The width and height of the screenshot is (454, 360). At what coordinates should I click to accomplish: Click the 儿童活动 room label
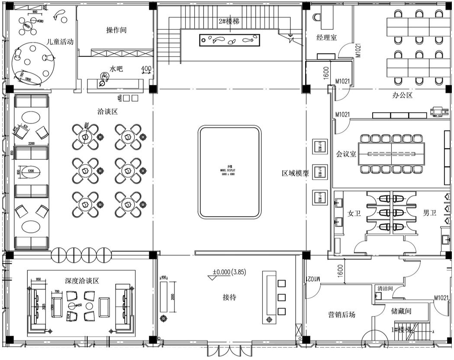point(60,42)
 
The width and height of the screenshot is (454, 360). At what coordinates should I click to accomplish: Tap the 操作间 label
point(116,30)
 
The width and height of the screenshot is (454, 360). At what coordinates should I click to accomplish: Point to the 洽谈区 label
point(108,111)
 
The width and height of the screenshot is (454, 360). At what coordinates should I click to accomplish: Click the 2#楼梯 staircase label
point(229,22)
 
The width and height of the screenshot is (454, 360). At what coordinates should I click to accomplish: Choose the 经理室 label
point(327,38)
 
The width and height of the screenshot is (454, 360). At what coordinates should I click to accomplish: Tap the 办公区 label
point(402,95)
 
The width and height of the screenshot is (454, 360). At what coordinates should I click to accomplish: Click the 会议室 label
point(346,153)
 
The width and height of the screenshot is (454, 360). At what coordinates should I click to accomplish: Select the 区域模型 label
point(296,174)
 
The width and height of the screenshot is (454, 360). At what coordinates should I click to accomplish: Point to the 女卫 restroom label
point(354,213)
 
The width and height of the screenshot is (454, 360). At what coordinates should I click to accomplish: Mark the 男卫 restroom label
point(429,213)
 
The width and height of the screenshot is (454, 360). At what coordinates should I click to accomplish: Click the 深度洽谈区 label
point(82,281)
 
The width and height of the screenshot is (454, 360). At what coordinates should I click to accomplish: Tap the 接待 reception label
point(229,297)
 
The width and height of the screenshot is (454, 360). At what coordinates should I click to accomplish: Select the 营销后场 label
point(341,315)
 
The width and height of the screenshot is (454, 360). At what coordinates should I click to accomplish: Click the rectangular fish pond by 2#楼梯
point(230,41)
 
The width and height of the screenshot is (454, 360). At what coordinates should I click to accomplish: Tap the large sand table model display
point(230,172)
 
